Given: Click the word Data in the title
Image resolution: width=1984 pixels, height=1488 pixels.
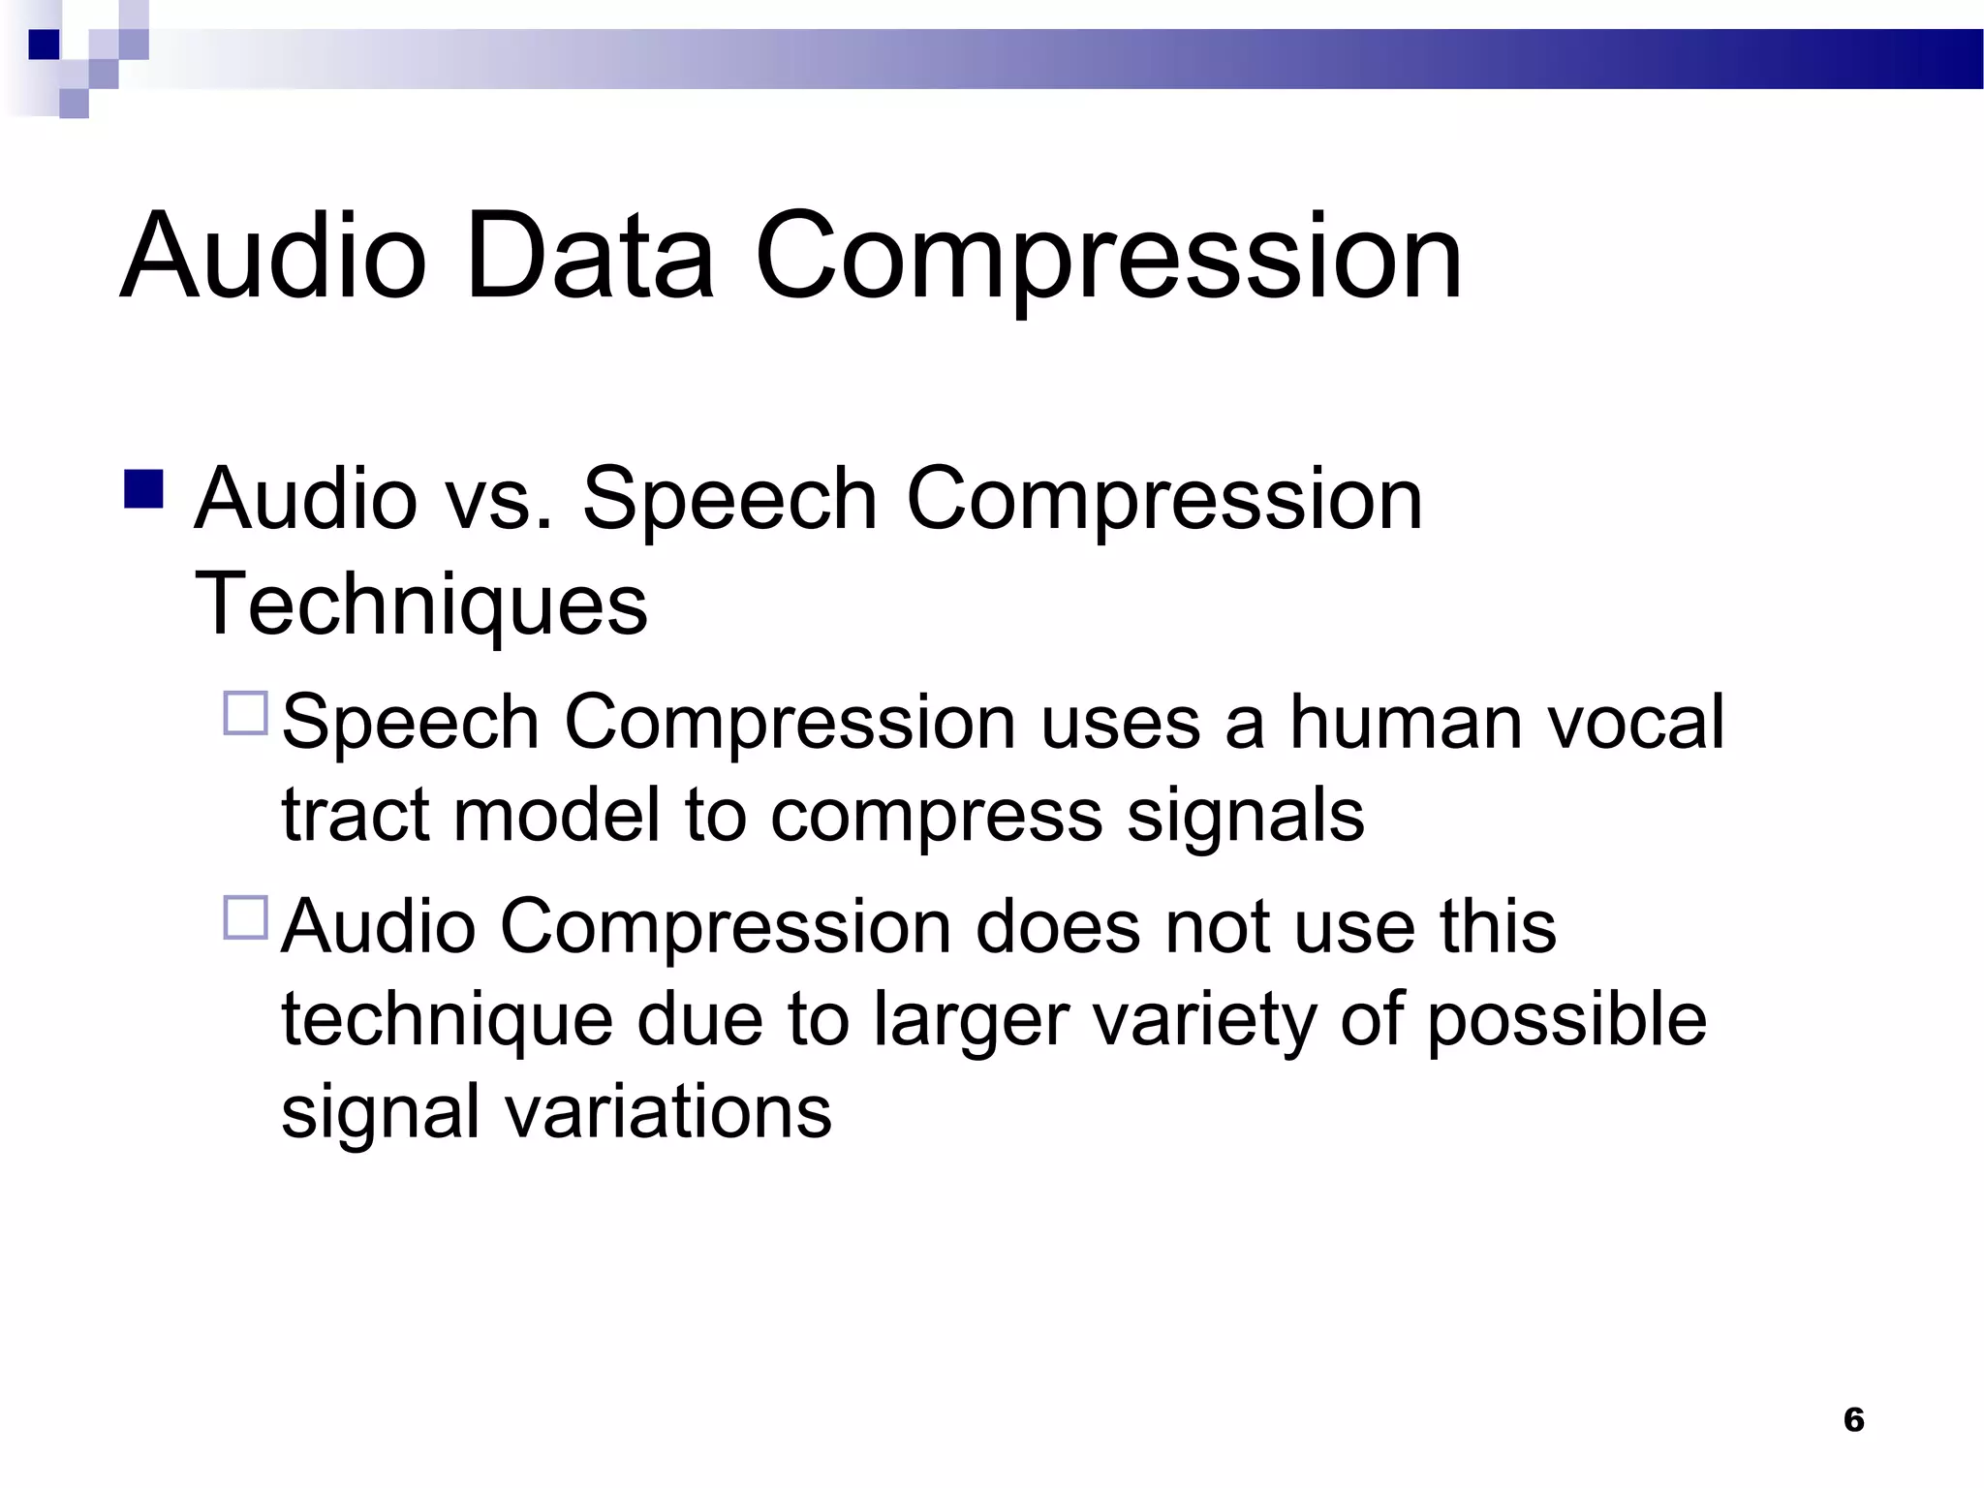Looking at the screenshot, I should (x=589, y=256).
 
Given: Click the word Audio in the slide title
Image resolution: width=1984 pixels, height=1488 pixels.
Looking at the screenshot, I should (x=273, y=256).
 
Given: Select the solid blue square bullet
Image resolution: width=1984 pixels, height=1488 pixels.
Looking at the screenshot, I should (x=143, y=489).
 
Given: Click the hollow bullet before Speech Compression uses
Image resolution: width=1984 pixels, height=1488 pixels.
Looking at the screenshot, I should (x=245, y=713).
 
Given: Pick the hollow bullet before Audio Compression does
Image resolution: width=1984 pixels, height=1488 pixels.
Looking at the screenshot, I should (x=245, y=916).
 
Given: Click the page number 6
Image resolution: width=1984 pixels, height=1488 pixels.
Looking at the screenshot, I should (x=1853, y=1419).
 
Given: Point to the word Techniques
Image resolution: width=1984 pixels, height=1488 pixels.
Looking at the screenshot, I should (x=420, y=604).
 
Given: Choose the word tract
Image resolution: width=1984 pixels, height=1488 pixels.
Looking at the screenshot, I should (x=355, y=814).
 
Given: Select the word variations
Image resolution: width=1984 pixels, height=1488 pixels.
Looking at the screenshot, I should (x=668, y=1111).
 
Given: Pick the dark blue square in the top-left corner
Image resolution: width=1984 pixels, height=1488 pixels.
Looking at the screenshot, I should (x=44, y=45).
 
